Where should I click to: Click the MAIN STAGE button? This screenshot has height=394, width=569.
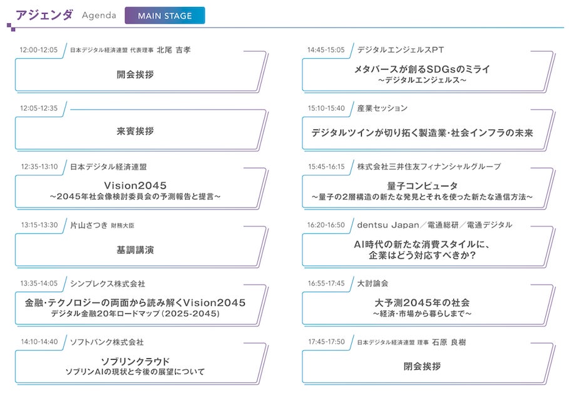(x=165, y=16)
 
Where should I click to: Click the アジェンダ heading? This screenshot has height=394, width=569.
(x=43, y=15)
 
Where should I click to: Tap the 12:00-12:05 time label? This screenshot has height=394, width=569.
(x=39, y=49)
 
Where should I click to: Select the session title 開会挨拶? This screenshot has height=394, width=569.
(x=135, y=74)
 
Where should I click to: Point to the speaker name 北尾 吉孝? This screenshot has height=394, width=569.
(x=173, y=49)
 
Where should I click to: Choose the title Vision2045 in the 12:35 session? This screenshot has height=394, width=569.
(x=135, y=185)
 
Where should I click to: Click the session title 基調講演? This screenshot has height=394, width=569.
(x=135, y=250)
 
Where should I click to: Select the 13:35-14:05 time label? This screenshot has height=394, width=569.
(x=39, y=283)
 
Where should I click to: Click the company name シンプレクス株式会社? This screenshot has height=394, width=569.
(x=107, y=283)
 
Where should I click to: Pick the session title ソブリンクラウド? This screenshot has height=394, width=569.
(x=135, y=361)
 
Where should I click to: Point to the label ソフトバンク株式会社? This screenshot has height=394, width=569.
(x=107, y=342)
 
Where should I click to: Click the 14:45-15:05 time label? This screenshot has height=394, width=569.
(x=326, y=49)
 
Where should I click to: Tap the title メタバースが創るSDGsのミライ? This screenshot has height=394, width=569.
(x=423, y=69)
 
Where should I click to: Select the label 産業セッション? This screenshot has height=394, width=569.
(x=382, y=108)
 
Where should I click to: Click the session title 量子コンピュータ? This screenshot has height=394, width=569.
(x=423, y=186)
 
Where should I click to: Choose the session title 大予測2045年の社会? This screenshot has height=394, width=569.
(x=423, y=303)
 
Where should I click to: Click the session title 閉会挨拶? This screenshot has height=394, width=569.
(x=423, y=366)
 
